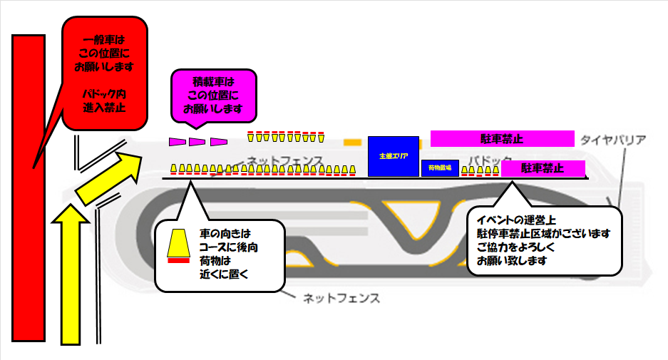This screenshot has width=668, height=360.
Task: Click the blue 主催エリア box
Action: pos(394,155)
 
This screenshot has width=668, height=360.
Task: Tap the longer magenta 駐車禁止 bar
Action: pos(503,138)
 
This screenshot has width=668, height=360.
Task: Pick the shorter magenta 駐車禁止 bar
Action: pos(543,169)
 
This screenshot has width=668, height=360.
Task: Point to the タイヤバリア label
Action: pos(613,139)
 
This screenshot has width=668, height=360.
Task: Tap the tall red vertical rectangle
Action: pos(29,189)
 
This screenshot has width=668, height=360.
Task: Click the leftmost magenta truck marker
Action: pos(176,142)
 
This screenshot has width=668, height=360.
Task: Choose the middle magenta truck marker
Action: pos(197,142)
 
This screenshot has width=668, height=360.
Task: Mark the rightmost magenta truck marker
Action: pos(219,142)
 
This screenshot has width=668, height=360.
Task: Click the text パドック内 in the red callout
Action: pos(103,94)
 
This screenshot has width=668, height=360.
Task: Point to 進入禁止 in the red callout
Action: pos(103,108)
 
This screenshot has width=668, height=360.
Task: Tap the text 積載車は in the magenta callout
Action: pos(213,81)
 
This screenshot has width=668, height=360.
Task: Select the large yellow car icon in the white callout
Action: pos(177,243)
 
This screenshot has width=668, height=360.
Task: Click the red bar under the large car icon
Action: pos(177,260)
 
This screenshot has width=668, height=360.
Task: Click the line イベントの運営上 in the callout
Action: pos(516,220)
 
